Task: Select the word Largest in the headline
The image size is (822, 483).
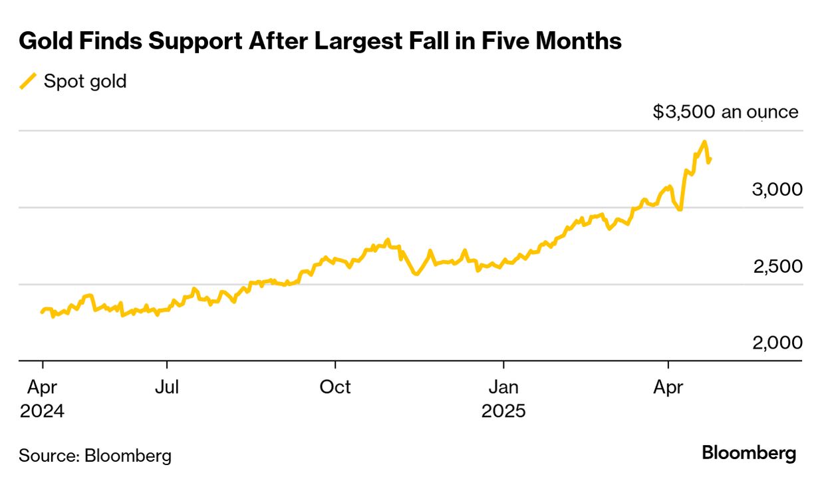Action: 356,42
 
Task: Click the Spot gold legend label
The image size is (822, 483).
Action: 85,82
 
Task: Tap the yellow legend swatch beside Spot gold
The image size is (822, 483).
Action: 28,82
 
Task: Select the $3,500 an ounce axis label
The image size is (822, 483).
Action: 726,112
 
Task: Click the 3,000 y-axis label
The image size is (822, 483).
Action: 777,190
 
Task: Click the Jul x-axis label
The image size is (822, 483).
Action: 166,387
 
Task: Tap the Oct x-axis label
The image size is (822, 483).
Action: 335,387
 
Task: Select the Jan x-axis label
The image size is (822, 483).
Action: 503,387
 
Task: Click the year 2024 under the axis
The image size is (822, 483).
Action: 43,411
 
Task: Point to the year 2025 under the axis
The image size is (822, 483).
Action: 503,411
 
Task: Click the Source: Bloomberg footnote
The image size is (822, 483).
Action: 95,456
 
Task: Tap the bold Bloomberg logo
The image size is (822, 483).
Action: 749,454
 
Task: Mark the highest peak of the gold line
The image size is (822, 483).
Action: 704,142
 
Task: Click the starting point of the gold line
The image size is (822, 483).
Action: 42,312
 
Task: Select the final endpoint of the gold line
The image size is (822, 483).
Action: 710,160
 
